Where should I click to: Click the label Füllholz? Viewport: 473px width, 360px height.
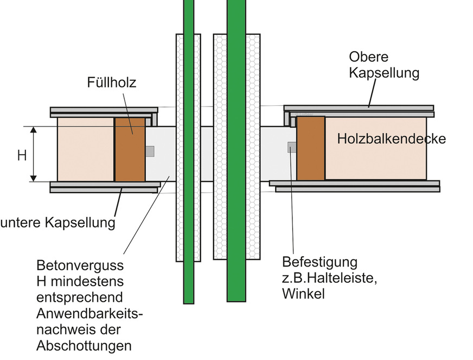(x=111, y=83)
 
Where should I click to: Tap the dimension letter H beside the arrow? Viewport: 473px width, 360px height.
(x=22, y=156)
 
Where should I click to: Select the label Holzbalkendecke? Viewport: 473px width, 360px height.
(x=391, y=139)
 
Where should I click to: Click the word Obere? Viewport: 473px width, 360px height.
(x=369, y=56)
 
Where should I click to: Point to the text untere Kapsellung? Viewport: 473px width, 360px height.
(x=58, y=223)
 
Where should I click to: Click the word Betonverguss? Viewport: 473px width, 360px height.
(x=80, y=267)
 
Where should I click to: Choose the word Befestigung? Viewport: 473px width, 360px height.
(x=319, y=262)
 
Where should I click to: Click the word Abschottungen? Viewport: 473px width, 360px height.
(x=84, y=346)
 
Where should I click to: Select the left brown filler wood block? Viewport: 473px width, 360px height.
(x=130, y=149)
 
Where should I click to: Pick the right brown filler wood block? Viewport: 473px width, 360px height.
(x=311, y=148)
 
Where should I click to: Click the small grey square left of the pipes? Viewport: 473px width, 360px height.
(x=150, y=151)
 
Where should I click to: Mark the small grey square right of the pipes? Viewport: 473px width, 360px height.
(x=292, y=146)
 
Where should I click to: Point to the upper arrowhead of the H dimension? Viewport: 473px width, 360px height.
(x=34, y=130)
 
